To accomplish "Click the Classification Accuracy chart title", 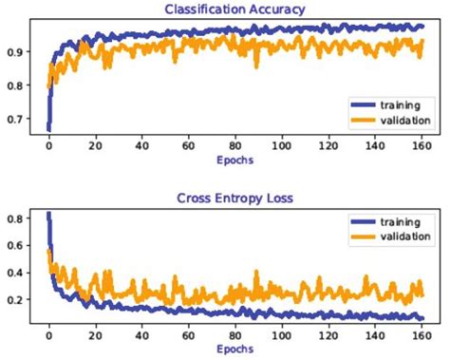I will pos(234,9).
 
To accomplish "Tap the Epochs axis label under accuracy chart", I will pos(234,161).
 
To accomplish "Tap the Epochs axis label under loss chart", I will pos(234,350).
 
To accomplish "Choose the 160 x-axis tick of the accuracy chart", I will pos(419,148).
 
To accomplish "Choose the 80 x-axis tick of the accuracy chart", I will pos(234,148).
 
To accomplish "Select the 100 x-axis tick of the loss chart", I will pos(280,336).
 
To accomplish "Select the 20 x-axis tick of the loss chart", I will pos(95,336).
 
